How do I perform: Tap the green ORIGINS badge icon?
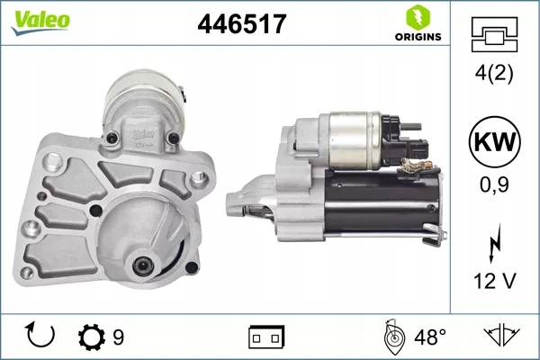(418, 16)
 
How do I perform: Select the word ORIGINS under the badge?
(418, 37)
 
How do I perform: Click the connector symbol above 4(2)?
(495, 34)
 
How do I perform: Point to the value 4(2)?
(495, 74)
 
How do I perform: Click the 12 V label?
(495, 283)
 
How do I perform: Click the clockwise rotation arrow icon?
(41, 337)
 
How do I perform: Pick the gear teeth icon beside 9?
(92, 337)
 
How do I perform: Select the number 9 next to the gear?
(118, 337)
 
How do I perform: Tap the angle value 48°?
(429, 337)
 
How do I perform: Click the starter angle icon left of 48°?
(393, 337)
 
